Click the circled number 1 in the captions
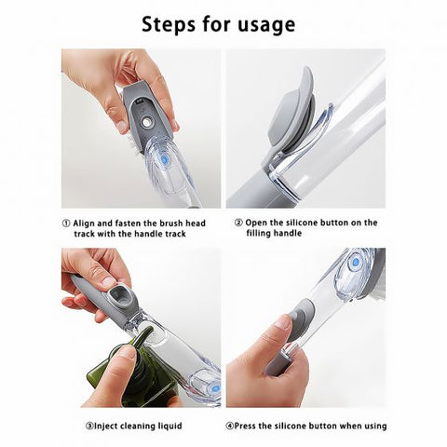coord(66,223)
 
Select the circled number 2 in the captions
coord(238,223)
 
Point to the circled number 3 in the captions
coord(89,426)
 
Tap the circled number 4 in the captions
coord(230,426)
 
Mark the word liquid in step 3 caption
coord(167,426)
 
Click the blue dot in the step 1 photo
coord(165,160)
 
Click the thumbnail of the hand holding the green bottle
coord(141,327)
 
